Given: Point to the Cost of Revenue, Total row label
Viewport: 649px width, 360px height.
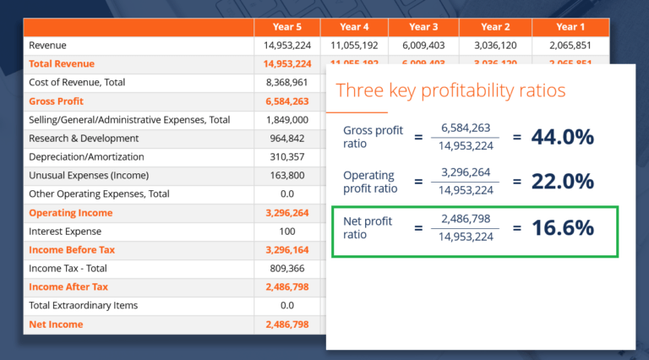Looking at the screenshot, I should tap(77, 82).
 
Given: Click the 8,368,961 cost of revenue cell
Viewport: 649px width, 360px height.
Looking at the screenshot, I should tap(287, 82).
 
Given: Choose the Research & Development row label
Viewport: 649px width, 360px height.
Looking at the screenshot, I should tap(84, 138).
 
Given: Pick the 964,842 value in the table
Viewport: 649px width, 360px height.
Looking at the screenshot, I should tap(287, 138).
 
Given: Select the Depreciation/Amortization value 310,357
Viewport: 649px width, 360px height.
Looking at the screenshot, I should tap(287, 156).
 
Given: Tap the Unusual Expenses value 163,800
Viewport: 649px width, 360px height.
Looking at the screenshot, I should tap(287, 175).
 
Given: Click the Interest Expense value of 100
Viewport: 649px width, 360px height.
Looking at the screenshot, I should tap(287, 231).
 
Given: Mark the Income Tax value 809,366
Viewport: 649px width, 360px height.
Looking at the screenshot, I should tap(287, 268).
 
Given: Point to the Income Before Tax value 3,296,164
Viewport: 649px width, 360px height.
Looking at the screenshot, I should tap(287, 249).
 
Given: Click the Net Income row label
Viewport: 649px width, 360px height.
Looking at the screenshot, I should tap(56, 324).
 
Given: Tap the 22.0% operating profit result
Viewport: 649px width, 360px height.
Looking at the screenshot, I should tap(564, 182).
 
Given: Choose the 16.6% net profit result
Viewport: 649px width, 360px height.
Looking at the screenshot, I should tap(564, 227).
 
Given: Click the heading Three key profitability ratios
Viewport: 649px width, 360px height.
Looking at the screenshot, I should tap(451, 90).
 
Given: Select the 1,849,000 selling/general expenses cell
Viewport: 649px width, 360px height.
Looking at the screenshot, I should tap(287, 119).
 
